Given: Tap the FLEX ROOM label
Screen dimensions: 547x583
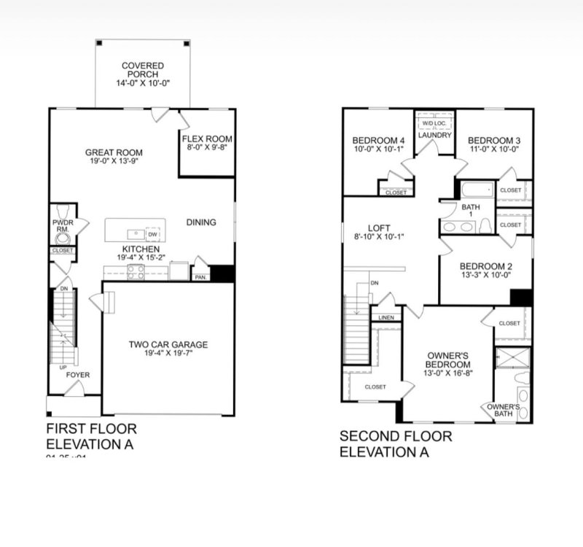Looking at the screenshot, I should click(x=207, y=139).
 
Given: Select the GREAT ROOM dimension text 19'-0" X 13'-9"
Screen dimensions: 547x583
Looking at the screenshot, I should click(x=112, y=162).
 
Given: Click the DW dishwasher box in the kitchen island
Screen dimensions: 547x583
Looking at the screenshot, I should click(x=152, y=233).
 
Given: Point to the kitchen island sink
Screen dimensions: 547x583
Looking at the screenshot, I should click(x=135, y=234).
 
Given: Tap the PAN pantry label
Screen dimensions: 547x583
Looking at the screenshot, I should click(x=198, y=277).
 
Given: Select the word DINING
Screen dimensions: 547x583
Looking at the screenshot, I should click(x=201, y=222).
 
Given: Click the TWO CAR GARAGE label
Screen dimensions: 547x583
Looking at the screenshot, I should click(x=168, y=344).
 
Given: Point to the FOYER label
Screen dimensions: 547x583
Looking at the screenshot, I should click(x=78, y=375).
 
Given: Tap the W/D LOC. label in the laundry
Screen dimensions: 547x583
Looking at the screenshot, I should click(x=435, y=123).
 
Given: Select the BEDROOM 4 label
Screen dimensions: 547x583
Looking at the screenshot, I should click(x=378, y=140).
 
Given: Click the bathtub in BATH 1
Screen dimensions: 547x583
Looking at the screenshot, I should click(x=474, y=191).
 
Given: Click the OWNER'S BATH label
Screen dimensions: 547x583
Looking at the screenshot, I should click(x=503, y=410).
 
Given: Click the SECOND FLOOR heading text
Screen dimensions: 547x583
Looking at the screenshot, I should click(x=396, y=436).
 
